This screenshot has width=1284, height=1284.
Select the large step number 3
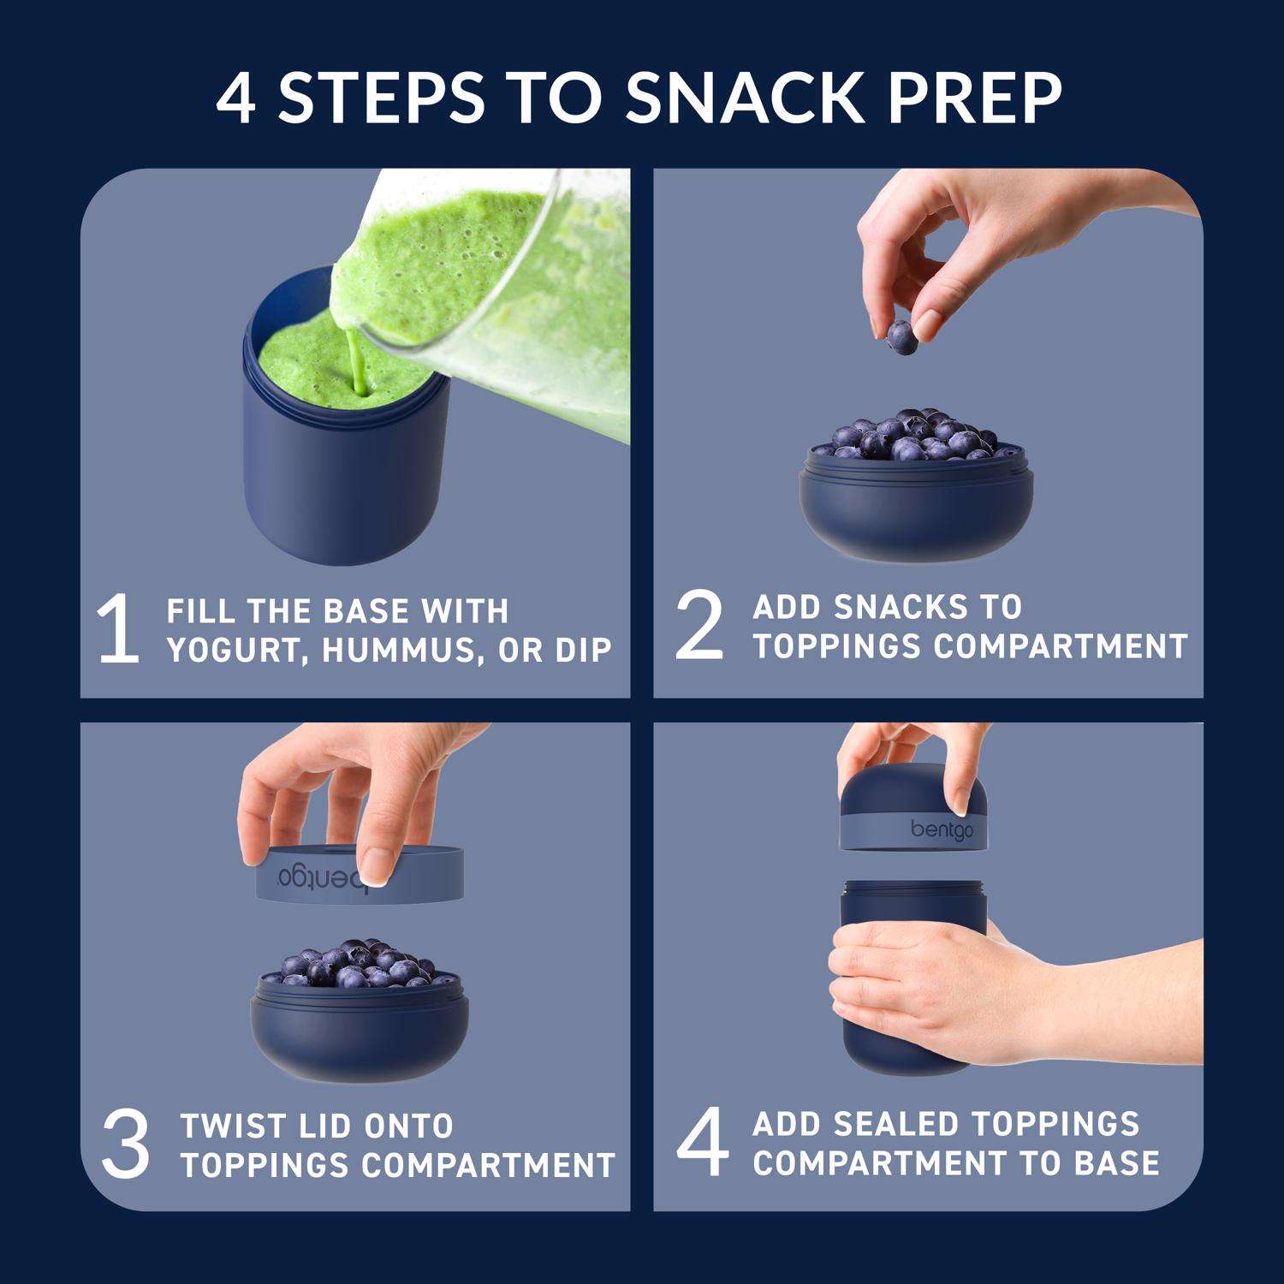pyautogui.click(x=126, y=1144)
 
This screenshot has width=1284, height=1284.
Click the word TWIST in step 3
pyautogui.click(x=228, y=1126)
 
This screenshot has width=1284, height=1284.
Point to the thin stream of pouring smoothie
pyautogui.click(x=355, y=365)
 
